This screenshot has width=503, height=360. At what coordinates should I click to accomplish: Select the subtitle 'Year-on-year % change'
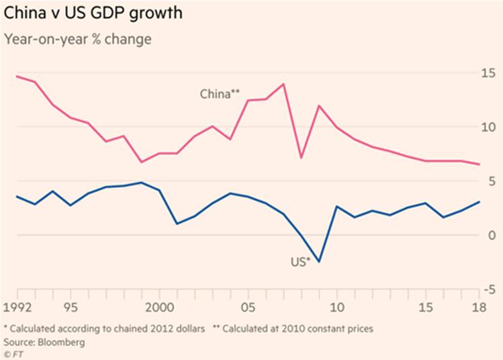(77, 38)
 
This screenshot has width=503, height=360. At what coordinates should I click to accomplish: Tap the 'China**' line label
(220, 94)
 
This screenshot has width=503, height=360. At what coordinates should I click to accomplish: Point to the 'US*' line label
(300, 261)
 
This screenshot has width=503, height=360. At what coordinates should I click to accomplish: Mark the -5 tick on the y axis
(490, 289)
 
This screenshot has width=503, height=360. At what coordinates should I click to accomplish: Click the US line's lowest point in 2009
(320, 262)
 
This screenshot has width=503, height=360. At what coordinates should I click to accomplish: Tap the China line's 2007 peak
(283, 84)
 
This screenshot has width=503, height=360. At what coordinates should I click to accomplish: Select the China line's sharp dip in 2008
(302, 158)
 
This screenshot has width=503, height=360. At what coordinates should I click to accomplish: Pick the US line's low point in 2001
(177, 224)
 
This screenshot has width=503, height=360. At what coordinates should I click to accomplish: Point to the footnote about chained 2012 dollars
(103, 329)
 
